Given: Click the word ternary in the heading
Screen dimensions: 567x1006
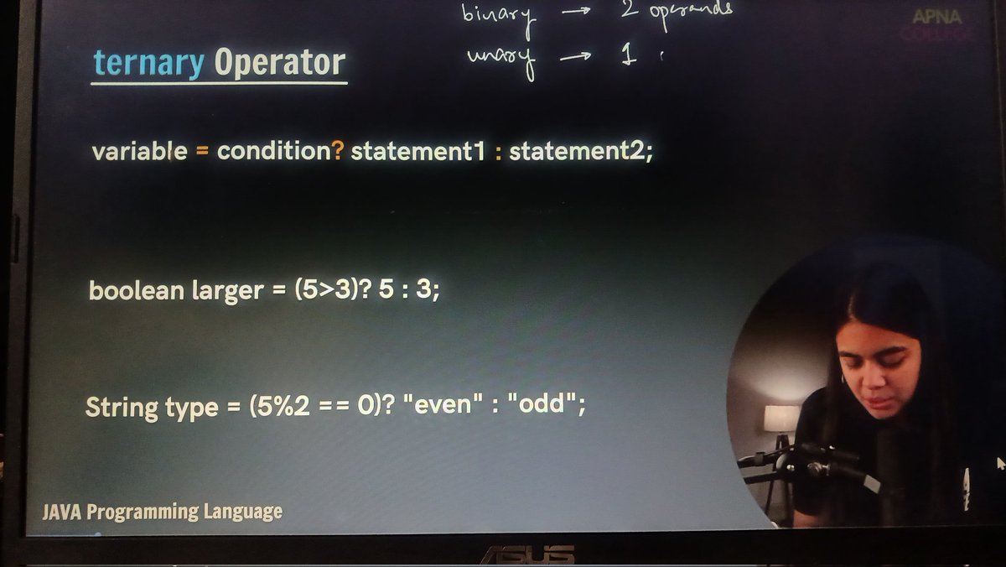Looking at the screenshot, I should [148, 63].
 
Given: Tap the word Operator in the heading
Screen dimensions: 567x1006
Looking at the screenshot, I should [279, 63].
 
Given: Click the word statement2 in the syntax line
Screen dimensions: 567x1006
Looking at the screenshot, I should [578, 152].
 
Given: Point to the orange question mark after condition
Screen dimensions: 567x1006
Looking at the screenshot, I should [338, 152].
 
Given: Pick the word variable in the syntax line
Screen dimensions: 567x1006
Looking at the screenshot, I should [139, 152].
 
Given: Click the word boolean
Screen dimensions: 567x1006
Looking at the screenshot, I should [137, 291].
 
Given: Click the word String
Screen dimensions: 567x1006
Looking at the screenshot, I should [122, 408].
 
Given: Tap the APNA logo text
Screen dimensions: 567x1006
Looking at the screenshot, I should [938, 17].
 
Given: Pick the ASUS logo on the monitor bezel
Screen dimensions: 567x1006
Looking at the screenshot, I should [526, 554].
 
